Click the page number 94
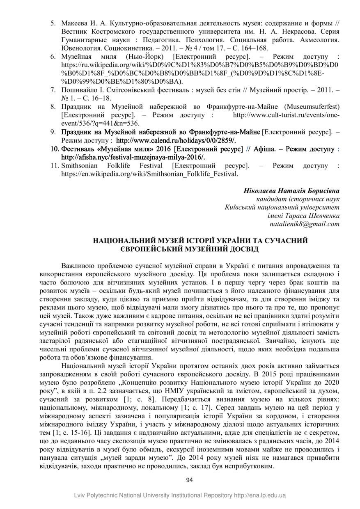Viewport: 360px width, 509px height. click(189, 480)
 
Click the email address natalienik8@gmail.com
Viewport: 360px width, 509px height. click(305, 224)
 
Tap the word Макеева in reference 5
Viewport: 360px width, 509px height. click(73, 23)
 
